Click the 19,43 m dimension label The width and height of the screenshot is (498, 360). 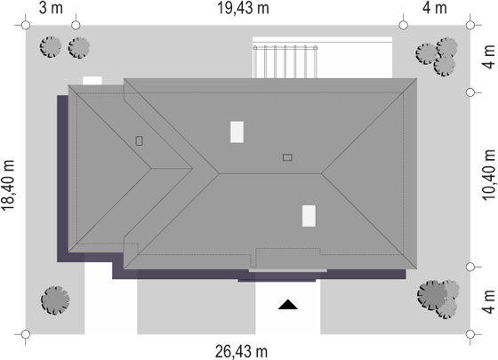243,8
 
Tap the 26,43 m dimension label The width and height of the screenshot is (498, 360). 241,352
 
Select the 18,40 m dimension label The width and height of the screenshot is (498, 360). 8,185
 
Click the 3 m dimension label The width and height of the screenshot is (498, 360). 51,8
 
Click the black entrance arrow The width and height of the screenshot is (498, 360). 288,304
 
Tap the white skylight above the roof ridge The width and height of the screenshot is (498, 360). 237,132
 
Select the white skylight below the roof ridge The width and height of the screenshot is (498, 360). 309,216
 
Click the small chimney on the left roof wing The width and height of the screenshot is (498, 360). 139,140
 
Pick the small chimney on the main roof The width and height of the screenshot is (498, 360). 287,157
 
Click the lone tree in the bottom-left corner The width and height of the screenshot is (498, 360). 55,300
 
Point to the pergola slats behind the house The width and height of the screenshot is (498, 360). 285,61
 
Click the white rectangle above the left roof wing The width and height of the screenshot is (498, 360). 92,80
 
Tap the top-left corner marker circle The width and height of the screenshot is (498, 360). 26,25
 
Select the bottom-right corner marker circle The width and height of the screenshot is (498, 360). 470,334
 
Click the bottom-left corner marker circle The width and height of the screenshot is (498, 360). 26,334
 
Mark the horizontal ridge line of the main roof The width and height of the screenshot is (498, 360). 270,173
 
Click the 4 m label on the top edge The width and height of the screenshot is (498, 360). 435,8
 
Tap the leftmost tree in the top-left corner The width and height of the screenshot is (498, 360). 51,47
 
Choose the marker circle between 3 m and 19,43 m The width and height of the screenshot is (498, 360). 76,25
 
